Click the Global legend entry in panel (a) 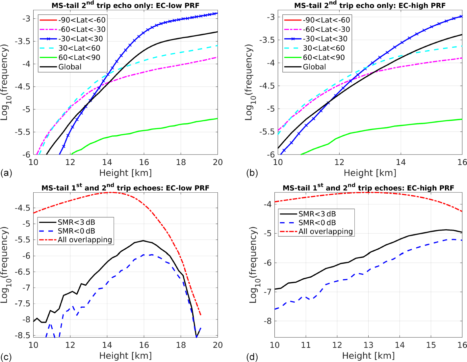point(70,67)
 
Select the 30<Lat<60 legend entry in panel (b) point(324,48)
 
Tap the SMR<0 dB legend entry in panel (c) point(76,231)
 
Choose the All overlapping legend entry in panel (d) point(325,231)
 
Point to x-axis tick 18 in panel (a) point(181,162)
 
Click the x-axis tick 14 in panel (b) point(401,162)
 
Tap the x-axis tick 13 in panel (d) point(368,345)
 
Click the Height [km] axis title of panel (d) point(368,356)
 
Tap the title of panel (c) point(125,187)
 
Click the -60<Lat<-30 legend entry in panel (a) point(82,29)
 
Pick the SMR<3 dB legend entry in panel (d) point(317,214)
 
